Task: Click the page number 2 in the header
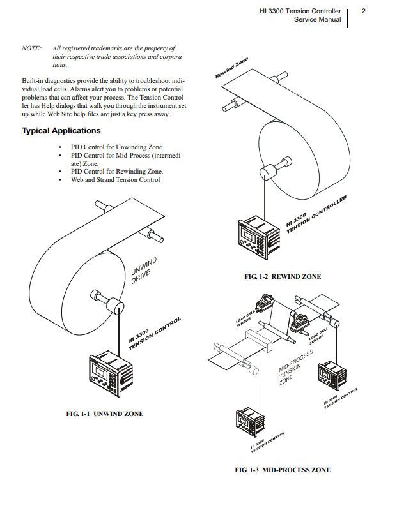click(x=363, y=11)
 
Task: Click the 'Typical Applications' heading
click(x=61, y=131)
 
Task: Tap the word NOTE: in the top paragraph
click(x=32, y=48)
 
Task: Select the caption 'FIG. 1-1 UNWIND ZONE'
click(x=105, y=414)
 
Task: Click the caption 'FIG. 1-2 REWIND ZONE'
click(x=283, y=277)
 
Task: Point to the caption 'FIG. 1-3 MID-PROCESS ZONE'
click(x=283, y=470)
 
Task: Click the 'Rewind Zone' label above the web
click(x=231, y=69)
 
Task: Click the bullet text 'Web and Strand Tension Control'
click(x=116, y=180)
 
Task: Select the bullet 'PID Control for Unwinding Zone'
click(x=116, y=147)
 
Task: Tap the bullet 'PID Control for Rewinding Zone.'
click(x=117, y=172)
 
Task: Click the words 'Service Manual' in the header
click(x=317, y=20)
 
